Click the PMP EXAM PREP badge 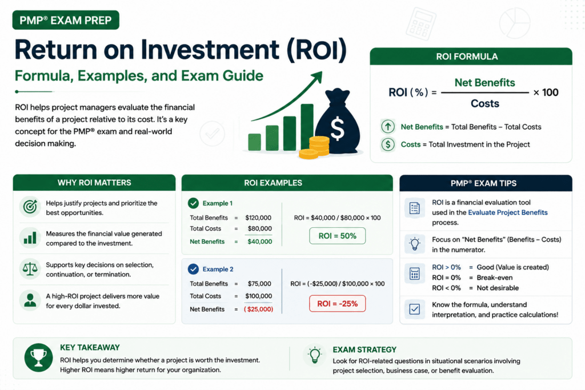66,20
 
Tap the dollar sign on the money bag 337,128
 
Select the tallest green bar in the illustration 307,127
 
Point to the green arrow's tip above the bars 321,73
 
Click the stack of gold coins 315,148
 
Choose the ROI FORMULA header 471,57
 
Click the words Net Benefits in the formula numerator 484,82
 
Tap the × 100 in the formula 546,93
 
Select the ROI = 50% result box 337,236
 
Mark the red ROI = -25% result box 337,304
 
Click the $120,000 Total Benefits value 258,218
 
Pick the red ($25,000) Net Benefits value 259,309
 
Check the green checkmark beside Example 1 193,203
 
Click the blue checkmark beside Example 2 193,269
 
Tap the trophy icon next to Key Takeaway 38,357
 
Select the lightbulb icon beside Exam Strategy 315,355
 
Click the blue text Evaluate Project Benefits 508,212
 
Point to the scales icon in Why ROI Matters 30,268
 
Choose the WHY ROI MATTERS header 94,183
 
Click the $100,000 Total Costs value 259,296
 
